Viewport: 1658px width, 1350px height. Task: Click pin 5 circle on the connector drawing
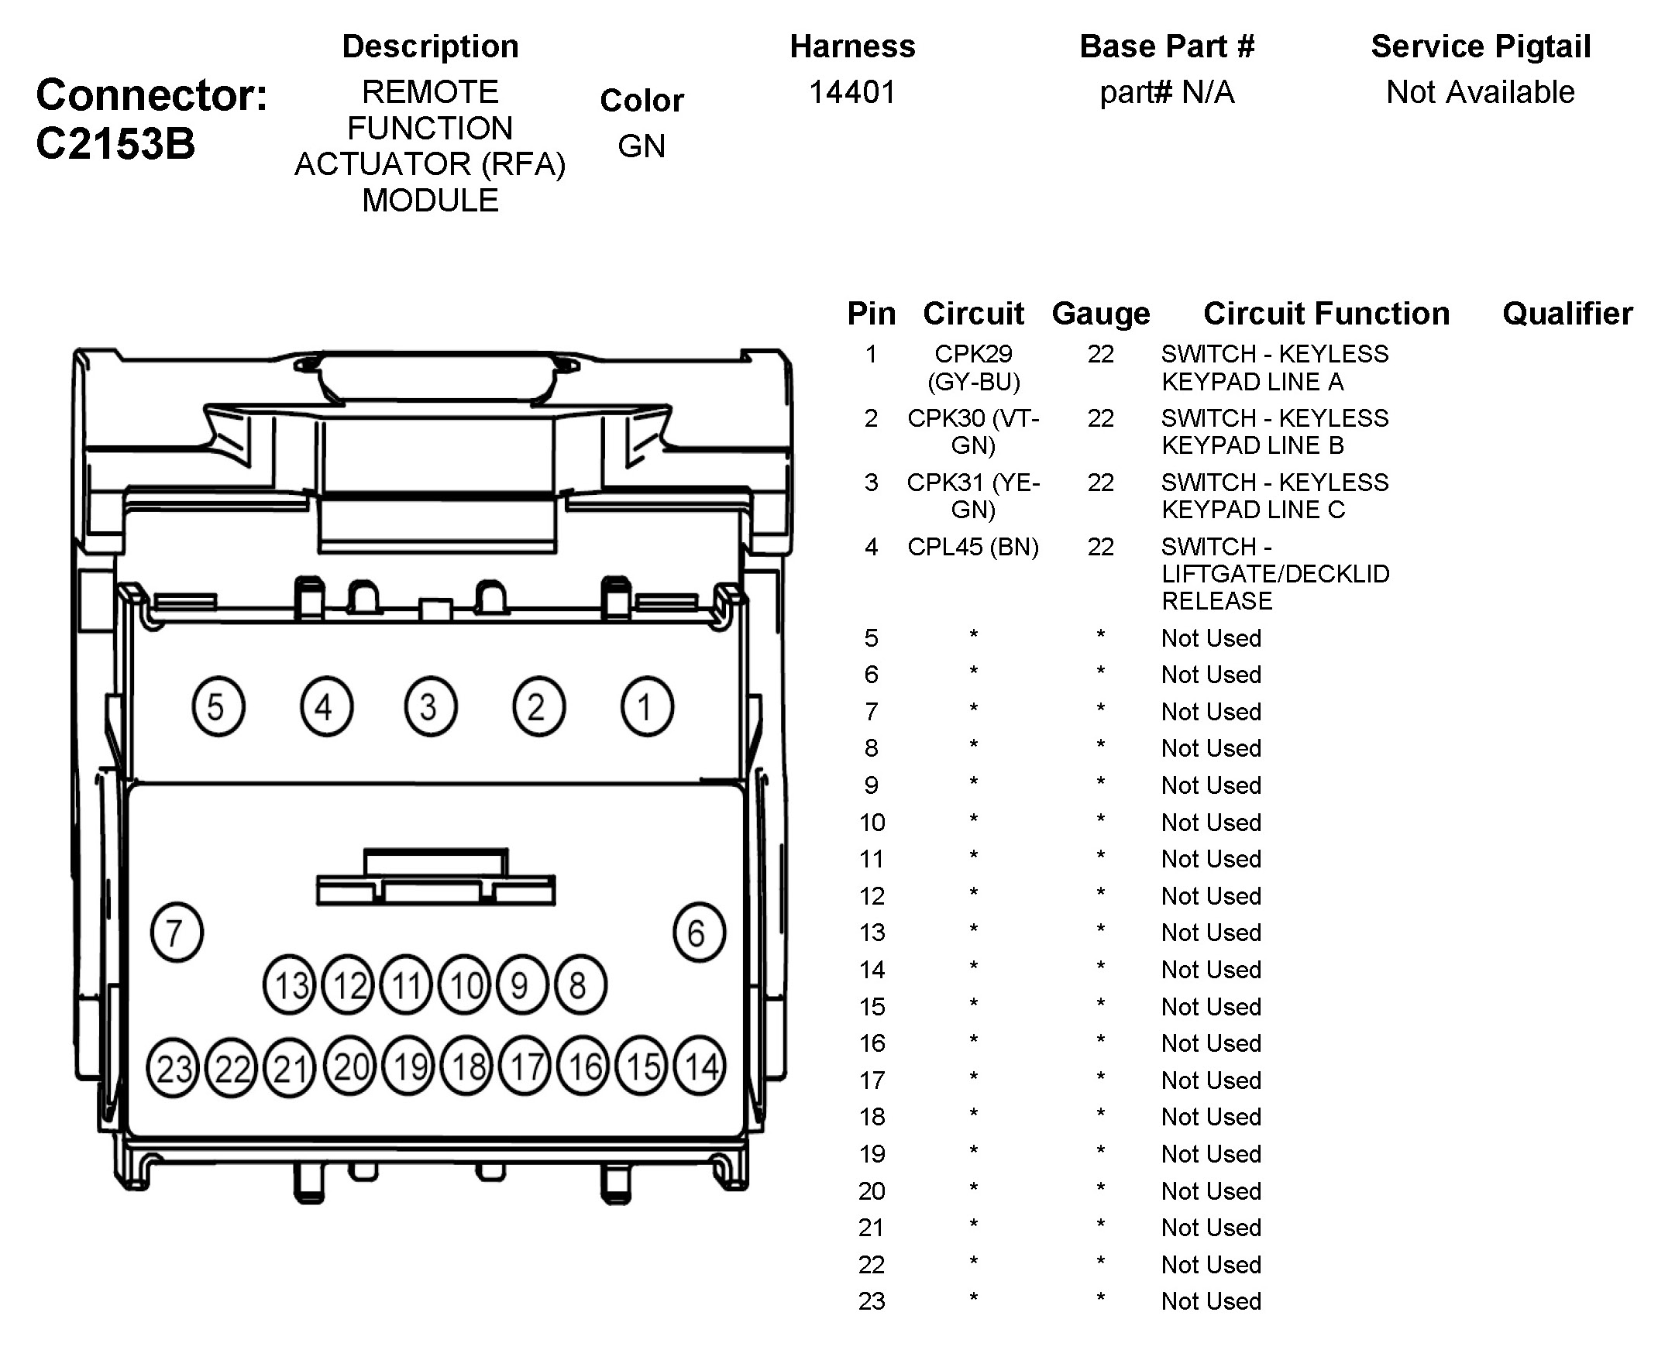pos(218,707)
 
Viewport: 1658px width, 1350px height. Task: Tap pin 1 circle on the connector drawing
pos(646,707)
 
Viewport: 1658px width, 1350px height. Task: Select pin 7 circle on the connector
pos(177,933)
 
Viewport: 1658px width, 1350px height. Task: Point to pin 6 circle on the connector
pos(698,933)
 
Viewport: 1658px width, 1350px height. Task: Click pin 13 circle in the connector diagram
pos(290,985)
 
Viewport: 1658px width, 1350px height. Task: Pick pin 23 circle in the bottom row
pos(173,1068)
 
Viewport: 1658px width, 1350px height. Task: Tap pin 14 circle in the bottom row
pos(700,1067)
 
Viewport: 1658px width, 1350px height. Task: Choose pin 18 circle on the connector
pos(468,1067)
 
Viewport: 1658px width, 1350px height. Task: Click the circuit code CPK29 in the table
pos(973,354)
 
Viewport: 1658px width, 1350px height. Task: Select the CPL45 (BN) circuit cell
pos(973,547)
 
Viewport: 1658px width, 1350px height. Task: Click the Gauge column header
pos(1100,314)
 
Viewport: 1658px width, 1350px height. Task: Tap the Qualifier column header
pos(1567,314)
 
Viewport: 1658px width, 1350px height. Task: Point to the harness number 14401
pos(852,92)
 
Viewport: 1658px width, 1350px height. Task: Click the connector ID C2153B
pos(115,144)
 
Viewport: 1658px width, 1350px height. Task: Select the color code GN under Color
pos(642,146)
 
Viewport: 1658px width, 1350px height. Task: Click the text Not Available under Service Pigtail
pos(1480,92)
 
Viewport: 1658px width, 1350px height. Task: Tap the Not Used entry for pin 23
pos(1211,1301)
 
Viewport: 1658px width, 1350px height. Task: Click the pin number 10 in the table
pos(872,822)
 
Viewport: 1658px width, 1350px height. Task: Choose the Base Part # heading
pos(1167,46)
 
